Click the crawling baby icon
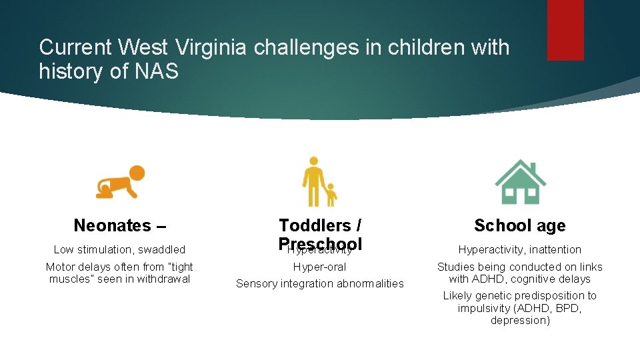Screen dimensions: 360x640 coord(120,181)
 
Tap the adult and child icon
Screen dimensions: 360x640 coord(319,181)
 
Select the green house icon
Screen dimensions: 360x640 coord(520,181)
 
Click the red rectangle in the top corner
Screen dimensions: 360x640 coord(565,30)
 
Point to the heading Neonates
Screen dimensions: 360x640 coord(115,225)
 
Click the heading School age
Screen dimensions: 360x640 coord(519,225)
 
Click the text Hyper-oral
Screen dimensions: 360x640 coord(320,267)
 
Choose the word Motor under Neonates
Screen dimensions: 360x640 coord(60,267)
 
